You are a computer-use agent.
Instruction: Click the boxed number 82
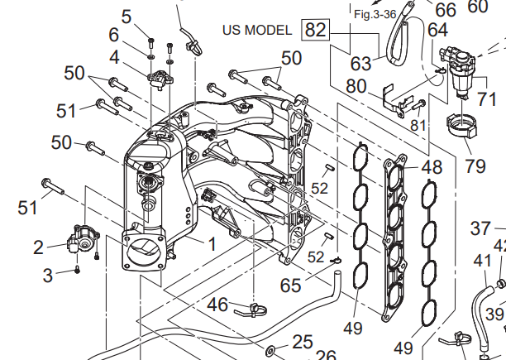tap(315, 31)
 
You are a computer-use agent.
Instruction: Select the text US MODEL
tap(256, 31)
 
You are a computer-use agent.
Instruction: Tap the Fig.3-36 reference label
tap(375, 14)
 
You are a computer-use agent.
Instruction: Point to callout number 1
tap(211, 244)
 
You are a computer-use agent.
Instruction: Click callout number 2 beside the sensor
tap(38, 247)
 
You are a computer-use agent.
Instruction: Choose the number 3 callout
tap(48, 273)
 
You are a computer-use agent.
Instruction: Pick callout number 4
tap(114, 57)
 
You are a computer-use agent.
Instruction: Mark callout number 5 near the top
tap(126, 16)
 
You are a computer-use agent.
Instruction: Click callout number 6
tap(114, 36)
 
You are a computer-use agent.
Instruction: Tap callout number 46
tap(217, 305)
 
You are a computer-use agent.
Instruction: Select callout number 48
tap(432, 167)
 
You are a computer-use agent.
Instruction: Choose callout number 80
tap(356, 85)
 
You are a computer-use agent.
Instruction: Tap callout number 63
tap(360, 64)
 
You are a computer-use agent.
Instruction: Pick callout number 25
tap(303, 341)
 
